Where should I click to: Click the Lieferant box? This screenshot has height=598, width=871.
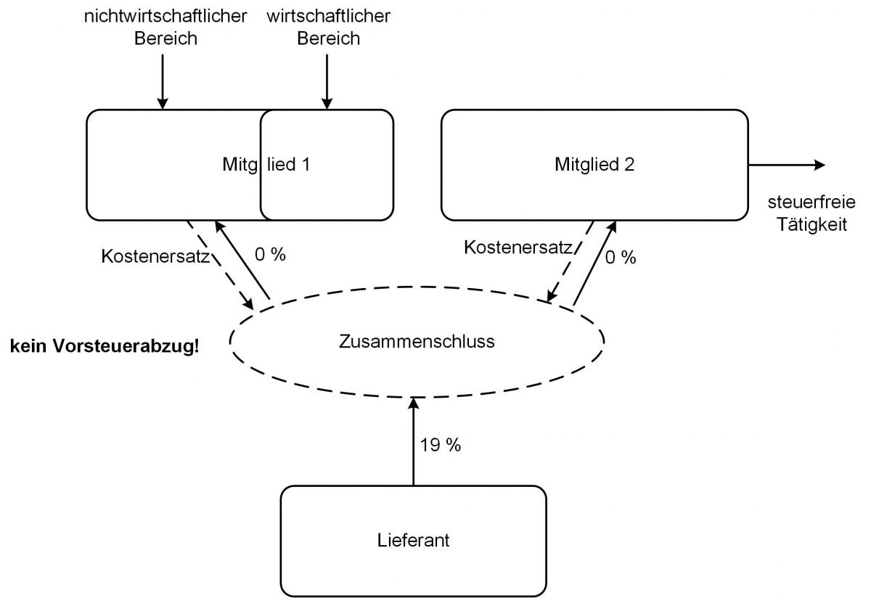click(x=413, y=540)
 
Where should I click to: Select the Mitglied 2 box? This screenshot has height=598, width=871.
click(x=594, y=165)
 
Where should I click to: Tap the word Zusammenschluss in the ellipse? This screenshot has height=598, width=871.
click(x=417, y=341)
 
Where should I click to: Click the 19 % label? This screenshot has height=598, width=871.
click(x=441, y=445)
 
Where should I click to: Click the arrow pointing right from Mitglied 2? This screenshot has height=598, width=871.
click(x=787, y=165)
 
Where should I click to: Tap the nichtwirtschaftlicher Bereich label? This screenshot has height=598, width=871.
click(x=166, y=27)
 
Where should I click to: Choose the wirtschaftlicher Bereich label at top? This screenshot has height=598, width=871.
click(x=329, y=27)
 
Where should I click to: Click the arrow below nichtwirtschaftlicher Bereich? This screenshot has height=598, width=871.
click(x=162, y=80)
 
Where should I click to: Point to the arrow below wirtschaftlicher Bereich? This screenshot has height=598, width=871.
click(x=327, y=80)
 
